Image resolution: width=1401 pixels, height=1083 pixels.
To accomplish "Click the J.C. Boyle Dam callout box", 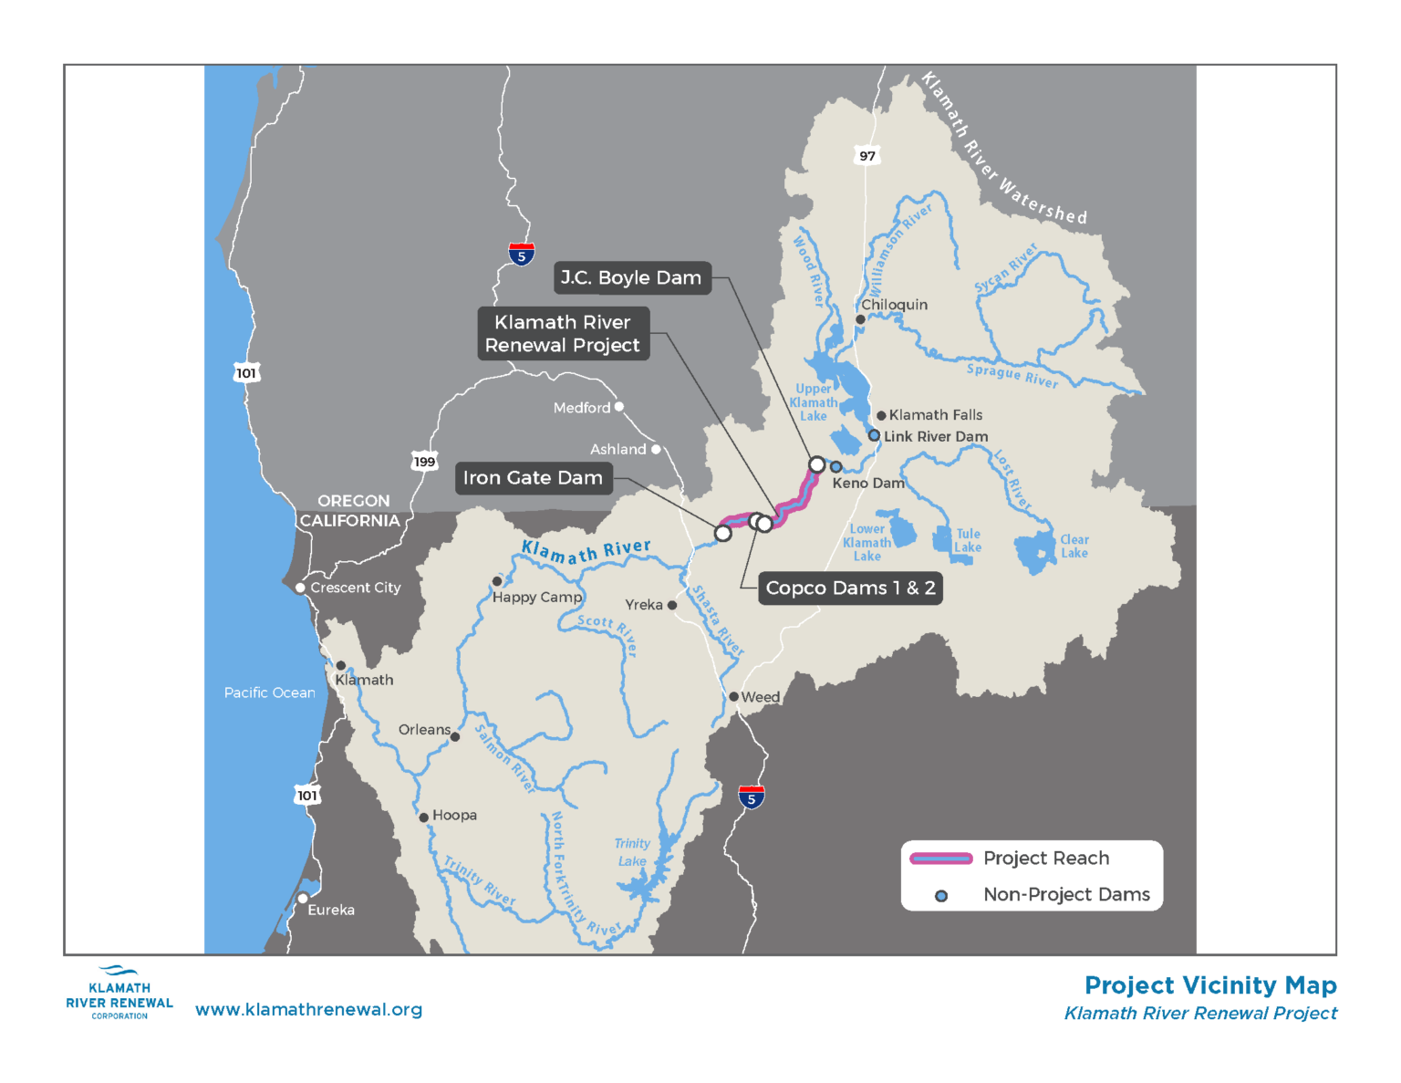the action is [x=631, y=278].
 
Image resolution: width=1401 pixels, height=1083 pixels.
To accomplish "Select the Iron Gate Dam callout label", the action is [x=534, y=478].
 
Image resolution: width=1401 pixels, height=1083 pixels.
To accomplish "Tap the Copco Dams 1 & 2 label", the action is [x=850, y=588].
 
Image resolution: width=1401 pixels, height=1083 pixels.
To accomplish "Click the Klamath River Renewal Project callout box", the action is [x=563, y=334].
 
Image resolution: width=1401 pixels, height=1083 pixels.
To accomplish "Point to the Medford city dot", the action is [x=619, y=407].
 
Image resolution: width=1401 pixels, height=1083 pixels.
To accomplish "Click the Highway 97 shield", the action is [x=867, y=156].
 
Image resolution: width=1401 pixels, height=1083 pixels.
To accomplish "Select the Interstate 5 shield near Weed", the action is [x=752, y=797].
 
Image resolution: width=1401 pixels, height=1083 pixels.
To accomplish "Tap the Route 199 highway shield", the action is [x=424, y=462].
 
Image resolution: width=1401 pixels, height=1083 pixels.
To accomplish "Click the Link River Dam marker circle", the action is [x=874, y=436].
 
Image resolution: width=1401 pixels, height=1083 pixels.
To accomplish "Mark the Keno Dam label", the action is [x=867, y=484].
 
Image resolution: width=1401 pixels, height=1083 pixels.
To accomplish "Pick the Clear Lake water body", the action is [x=1035, y=552].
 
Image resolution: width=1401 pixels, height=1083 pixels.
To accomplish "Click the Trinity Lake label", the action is [x=632, y=852].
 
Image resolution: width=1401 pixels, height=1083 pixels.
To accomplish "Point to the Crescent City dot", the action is [x=300, y=588].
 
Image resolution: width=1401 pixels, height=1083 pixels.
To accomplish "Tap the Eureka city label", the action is [x=331, y=911].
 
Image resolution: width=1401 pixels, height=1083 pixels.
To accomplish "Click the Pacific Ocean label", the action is [x=270, y=693].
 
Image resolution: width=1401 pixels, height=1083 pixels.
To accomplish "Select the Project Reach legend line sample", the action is [x=941, y=859].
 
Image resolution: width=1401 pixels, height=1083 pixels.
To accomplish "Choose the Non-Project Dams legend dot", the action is [x=941, y=896].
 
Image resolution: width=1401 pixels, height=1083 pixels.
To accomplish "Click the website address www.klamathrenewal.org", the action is [x=308, y=1010].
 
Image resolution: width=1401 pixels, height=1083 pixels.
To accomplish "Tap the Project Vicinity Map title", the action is [x=1210, y=985].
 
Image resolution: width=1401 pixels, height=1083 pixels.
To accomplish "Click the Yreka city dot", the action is [x=672, y=605].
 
